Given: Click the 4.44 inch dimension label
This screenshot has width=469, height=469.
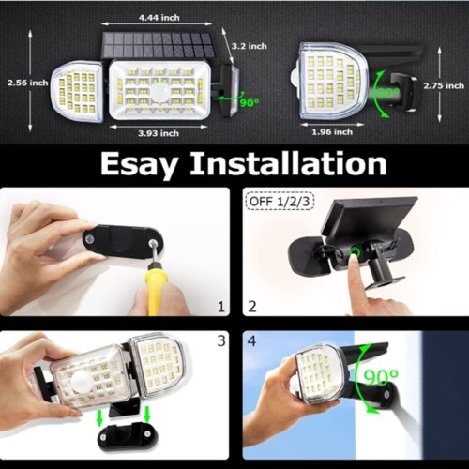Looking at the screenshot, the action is pos(159,18).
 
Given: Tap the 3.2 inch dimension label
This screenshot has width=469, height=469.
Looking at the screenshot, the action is pos(250,46).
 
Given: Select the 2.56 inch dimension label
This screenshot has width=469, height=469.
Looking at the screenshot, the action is pos(28,83).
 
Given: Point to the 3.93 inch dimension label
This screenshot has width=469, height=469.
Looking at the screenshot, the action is pos(159,133).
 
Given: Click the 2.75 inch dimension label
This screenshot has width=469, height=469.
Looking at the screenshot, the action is pos(444,85).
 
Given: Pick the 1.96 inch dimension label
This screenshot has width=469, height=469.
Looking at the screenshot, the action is pos(332,132).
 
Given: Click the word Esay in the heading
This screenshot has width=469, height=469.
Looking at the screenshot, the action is pos(140,165).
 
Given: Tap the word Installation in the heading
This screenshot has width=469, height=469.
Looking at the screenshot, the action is pos(289,163).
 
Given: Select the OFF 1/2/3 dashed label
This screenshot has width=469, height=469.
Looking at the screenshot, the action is pos(280,202).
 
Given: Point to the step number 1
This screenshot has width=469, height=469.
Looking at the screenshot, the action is pos(221,307).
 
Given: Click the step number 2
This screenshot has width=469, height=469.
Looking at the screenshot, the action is pos(251,307).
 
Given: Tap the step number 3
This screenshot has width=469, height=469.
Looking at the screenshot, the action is pos(221,340).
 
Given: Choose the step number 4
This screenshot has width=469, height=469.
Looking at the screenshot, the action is pos(251,340).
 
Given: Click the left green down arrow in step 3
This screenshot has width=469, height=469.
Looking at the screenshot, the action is pos(99,418).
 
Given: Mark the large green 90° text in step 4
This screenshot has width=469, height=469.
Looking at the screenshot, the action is pos(381,377).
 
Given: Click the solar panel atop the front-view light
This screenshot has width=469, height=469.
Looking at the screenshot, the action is pos(158,45).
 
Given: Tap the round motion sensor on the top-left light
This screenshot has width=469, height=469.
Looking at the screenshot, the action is pos(161,93).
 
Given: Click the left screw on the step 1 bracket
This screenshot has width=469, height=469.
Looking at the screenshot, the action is pos(90,239).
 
